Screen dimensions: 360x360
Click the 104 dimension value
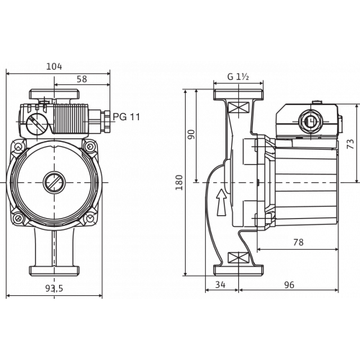point(54,66)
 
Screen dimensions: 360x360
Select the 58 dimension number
point(82,79)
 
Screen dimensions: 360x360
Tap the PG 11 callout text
point(126,117)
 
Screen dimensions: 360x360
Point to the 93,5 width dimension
point(54,288)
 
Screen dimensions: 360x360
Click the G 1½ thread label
point(238,77)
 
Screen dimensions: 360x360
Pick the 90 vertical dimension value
point(192,135)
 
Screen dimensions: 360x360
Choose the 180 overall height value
point(179,182)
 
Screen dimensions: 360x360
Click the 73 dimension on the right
point(351,144)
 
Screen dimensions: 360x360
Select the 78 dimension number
point(298,243)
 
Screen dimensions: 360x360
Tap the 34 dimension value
point(220,284)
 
